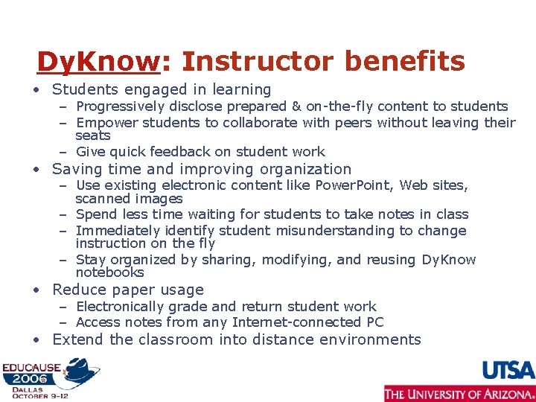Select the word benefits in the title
click(x=403, y=61)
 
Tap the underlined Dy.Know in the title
click(x=98, y=61)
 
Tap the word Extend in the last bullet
click(x=77, y=339)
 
